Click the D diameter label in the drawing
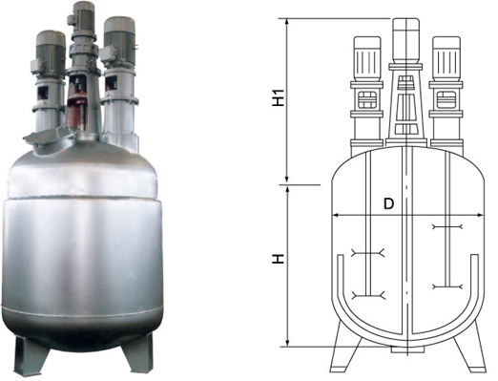point(388,203)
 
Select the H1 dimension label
point(279,97)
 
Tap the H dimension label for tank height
point(279,259)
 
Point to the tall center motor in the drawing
point(406,40)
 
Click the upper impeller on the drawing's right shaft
point(446,226)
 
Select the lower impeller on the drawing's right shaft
point(446,286)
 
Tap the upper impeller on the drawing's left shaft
point(368,253)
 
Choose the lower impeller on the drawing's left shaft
point(368,295)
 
